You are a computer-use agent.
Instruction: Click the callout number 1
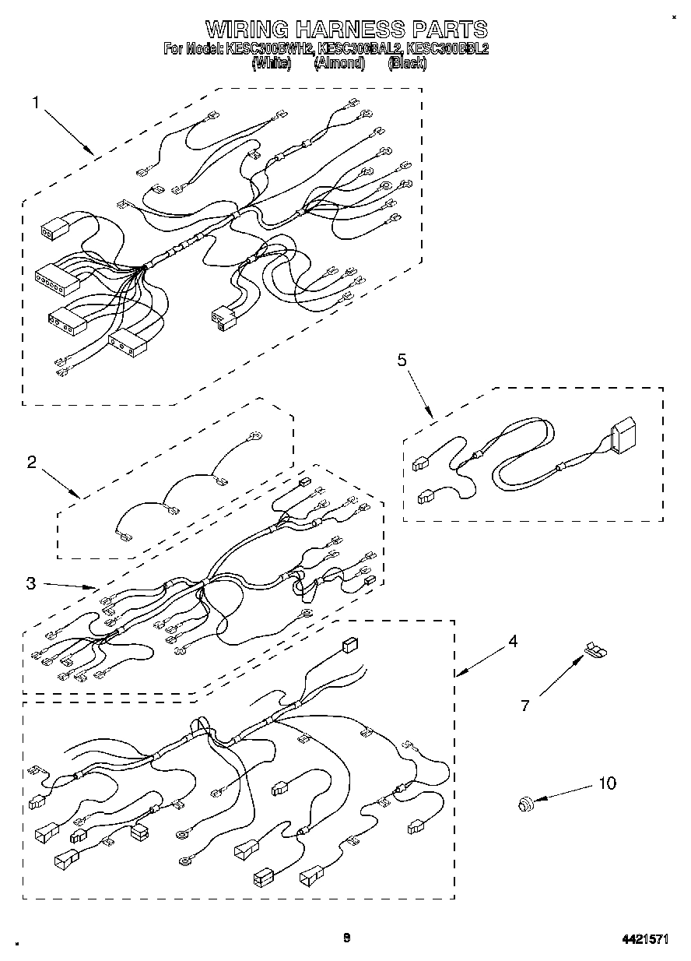click(36, 102)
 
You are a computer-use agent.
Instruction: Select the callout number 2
click(32, 462)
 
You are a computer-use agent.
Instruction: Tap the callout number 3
click(30, 583)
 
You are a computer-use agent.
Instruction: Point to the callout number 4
click(513, 642)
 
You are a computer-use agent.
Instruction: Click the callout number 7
click(525, 706)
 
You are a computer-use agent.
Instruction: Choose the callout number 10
click(607, 783)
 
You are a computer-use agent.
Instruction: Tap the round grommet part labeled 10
click(524, 803)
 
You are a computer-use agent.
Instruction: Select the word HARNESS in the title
click(350, 30)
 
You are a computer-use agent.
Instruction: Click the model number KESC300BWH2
click(269, 49)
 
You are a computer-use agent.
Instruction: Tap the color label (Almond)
click(339, 64)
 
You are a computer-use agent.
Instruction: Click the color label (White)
click(271, 64)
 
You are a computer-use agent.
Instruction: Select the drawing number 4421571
click(644, 939)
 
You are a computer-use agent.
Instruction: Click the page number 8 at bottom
click(347, 938)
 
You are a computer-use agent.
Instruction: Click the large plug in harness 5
click(623, 436)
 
